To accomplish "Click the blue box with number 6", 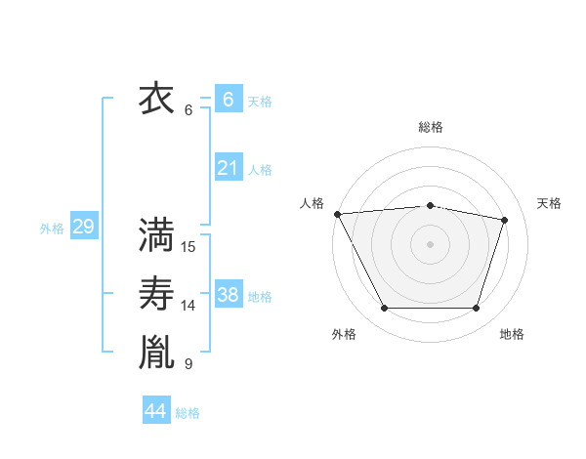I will coord(228,99).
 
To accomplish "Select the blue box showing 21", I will coord(228,168).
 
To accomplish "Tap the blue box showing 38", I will coord(228,295).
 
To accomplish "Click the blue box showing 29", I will coord(83,228).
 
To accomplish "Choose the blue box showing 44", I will coord(155,411).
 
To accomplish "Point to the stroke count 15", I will coord(188,247).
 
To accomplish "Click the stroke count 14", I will coord(188,306).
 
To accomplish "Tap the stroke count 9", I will coord(188,364).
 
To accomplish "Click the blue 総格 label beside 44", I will coord(188,413).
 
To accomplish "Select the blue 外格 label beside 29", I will coord(52,229).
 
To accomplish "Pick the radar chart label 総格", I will coord(431,127).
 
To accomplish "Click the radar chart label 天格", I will coord(550,203).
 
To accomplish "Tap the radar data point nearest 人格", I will coord(337,214).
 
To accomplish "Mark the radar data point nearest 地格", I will coord(476,309).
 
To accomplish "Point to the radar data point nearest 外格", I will coord(384,309).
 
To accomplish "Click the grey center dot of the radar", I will coord(430,243).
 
